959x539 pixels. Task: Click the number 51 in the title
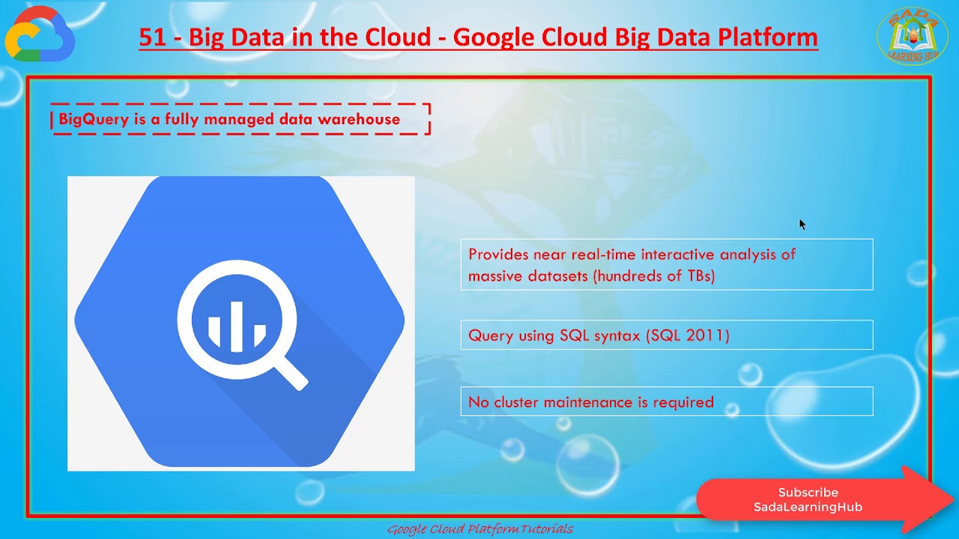(x=152, y=37)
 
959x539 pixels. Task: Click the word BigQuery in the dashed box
(x=94, y=119)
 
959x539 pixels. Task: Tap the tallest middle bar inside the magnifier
(x=237, y=325)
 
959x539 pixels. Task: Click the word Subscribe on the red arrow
(x=808, y=493)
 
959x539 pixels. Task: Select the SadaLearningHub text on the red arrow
(x=808, y=507)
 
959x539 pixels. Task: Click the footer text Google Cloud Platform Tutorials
(x=479, y=529)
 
